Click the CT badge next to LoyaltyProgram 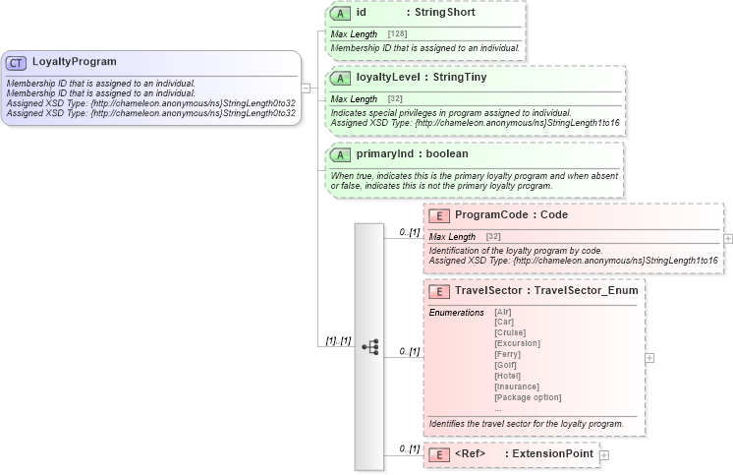click(x=16, y=62)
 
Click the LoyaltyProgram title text click(x=74, y=62)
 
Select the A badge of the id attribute click(x=340, y=13)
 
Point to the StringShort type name click(x=445, y=13)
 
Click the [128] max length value click(x=398, y=33)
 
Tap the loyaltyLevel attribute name click(x=392, y=77)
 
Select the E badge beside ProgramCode click(x=439, y=214)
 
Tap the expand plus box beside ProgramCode click(x=728, y=238)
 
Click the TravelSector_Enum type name click(x=587, y=290)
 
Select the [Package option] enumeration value click(x=528, y=397)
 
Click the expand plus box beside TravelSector click(x=649, y=358)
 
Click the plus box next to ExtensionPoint click(x=604, y=454)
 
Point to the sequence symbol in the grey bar click(x=370, y=346)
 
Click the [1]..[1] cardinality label click(x=338, y=340)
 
